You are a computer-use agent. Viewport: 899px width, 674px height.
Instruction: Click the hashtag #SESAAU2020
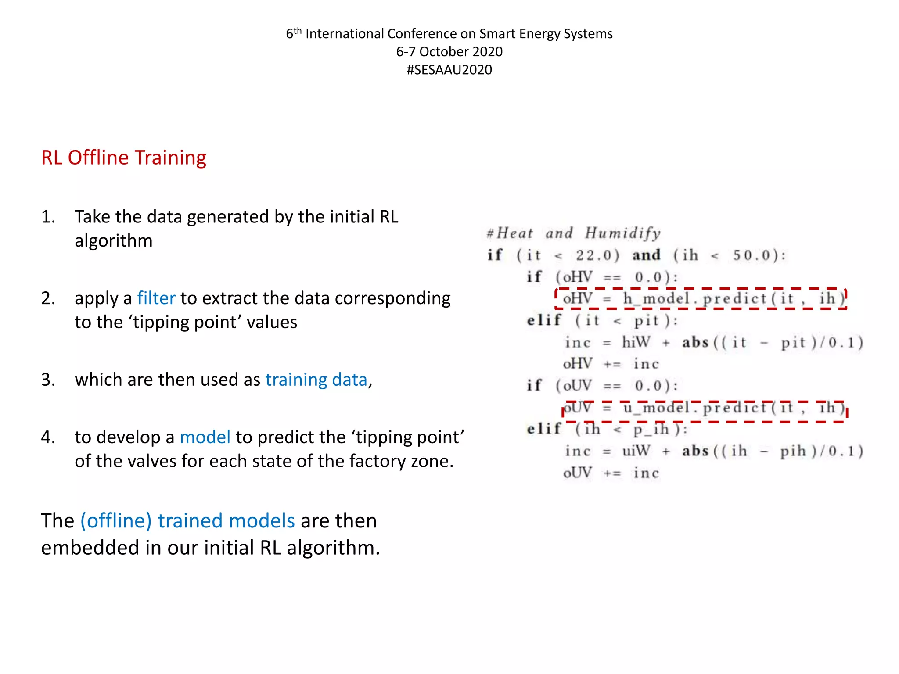(x=449, y=70)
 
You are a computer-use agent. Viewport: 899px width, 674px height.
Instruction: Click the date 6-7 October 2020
(x=449, y=52)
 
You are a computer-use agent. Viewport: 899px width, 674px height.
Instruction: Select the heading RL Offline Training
(x=123, y=158)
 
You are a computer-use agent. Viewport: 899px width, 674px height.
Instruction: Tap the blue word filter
(x=156, y=298)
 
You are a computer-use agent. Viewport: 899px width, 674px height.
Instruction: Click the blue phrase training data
(x=316, y=380)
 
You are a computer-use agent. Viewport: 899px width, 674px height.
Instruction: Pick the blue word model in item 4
(x=205, y=437)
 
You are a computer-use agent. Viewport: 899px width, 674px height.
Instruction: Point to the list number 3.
(x=48, y=380)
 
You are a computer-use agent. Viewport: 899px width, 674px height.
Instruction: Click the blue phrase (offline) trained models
(x=187, y=521)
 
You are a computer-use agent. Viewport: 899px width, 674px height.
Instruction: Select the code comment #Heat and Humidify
(x=573, y=233)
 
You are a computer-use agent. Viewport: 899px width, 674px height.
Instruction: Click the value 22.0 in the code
(x=597, y=255)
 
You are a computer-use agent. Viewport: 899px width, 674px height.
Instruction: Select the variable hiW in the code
(x=636, y=342)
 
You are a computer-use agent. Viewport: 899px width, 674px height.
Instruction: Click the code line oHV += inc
(x=611, y=364)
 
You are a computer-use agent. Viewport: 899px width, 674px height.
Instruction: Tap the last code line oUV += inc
(x=611, y=473)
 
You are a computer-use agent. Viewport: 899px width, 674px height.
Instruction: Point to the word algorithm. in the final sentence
(x=333, y=548)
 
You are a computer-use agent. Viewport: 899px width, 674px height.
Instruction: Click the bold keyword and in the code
(x=646, y=255)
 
